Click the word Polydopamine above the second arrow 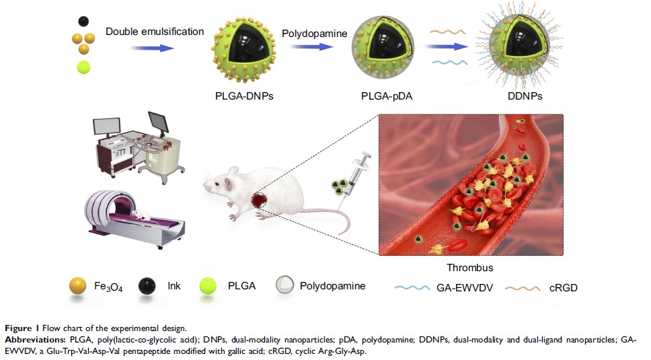314,32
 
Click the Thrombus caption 470,267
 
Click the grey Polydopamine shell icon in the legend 286,287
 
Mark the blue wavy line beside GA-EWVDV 412,287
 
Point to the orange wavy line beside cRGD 524,287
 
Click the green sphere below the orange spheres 83,67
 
